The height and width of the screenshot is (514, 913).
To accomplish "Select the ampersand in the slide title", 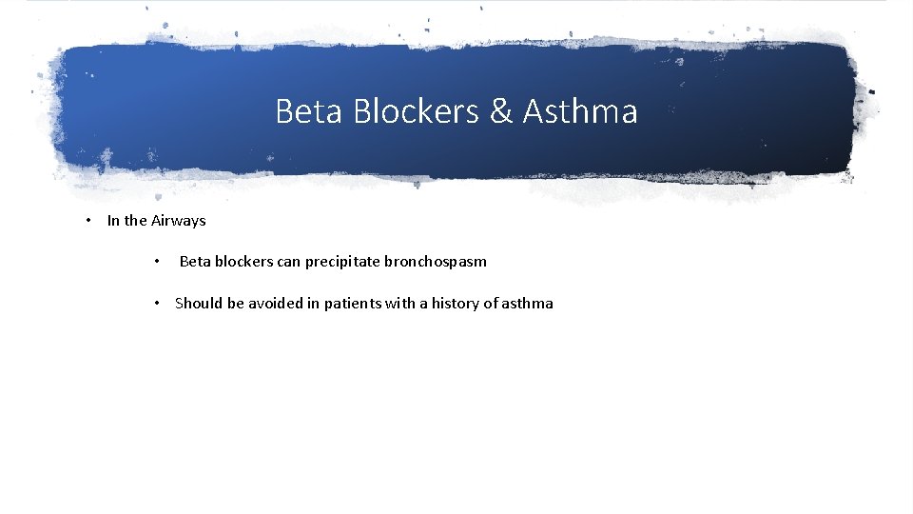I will pyautogui.click(x=501, y=112).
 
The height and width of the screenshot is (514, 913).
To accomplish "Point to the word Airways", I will pyautogui.click(x=179, y=221).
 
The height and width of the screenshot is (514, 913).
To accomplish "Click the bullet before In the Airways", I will pyautogui.click(x=87, y=221).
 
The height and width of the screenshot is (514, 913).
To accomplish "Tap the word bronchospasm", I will pyautogui.click(x=436, y=262).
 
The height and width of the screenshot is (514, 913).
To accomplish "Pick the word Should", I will pyautogui.click(x=199, y=304).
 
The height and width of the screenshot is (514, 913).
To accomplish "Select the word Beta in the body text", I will pyautogui.click(x=195, y=262).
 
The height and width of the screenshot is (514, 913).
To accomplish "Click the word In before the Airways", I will pyautogui.click(x=113, y=221).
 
